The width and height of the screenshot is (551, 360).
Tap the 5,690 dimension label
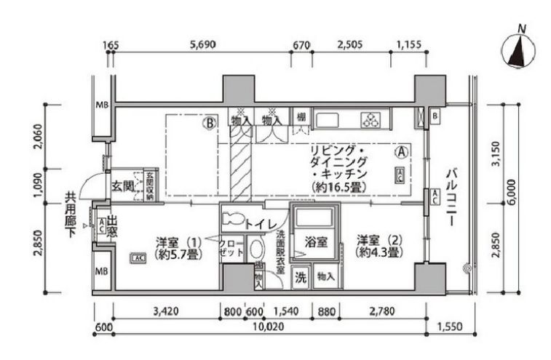pyautogui.click(x=202, y=44)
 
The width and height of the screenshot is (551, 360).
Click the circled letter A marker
pyautogui.click(x=400, y=153)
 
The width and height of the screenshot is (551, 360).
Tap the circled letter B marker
pyautogui.click(x=210, y=124)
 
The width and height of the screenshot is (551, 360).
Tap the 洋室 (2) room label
pyautogui.click(x=376, y=247)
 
